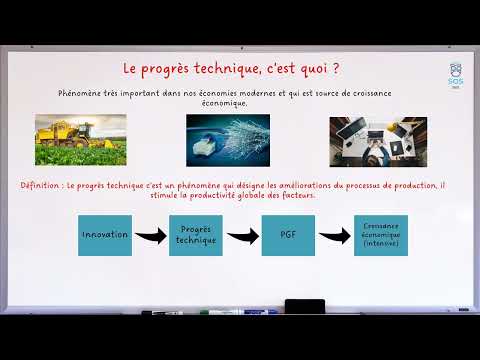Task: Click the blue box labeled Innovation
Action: coord(106,235)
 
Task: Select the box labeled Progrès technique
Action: coord(195,235)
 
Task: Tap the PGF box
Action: coord(288,235)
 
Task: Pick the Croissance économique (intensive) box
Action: coord(381,235)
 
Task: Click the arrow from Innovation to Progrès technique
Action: coord(150,237)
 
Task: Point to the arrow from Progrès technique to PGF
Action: coord(242,237)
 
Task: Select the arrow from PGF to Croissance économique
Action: coord(334,237)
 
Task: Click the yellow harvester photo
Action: coord(80,139)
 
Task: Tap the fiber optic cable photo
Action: coord(227,139)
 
